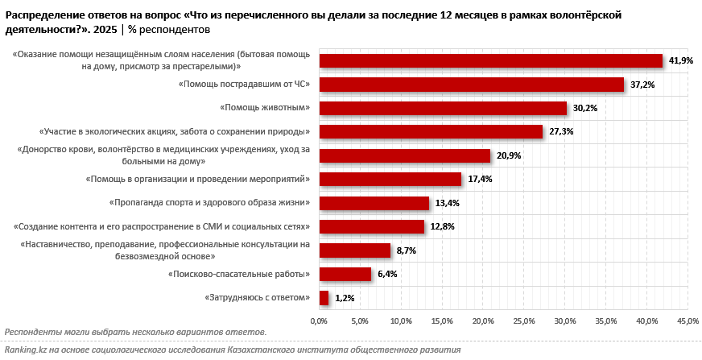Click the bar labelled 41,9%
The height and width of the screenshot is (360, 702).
(x=491, y=60)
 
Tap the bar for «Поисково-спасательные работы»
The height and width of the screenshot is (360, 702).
(x=345, y=274)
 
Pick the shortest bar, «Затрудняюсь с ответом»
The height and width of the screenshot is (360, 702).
(x=324, y=298)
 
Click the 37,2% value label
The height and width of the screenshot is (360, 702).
(x=642, y=85)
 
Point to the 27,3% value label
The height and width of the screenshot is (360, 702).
(x=561, y=132)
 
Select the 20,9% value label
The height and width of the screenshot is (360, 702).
(x=509, y=155)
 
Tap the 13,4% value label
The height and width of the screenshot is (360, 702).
(x=447, y=203)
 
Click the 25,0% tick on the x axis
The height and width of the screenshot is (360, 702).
(x=524, y=321)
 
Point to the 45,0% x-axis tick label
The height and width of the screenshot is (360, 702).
(x=688, y=321)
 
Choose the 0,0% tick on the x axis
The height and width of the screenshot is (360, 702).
(x=320, y=321)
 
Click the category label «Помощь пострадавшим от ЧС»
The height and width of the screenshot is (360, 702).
(x=244, y=84)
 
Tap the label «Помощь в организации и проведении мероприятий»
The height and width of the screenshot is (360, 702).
(x=198, y=179)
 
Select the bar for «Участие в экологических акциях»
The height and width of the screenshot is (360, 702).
(x=432, y=132)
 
